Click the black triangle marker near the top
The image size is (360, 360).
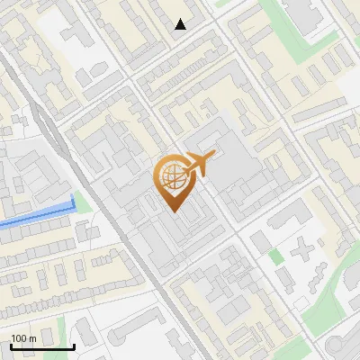[x=181, y=24]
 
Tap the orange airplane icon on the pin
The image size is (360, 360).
[x=199, y=165]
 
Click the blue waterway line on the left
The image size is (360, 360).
[x=36, y=216]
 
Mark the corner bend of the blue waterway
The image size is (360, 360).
[x=72, y=207]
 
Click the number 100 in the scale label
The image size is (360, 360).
[x=19, y=338]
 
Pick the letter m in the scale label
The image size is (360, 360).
[x=32, y=338]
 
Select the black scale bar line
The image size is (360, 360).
[x=42, y=346]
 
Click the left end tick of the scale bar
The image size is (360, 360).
[x=11, y=345]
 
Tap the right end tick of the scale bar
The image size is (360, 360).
[x=74, y=345]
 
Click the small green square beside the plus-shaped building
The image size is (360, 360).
[x=276, y=256]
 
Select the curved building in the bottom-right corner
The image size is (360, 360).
[x=342, y=346]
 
